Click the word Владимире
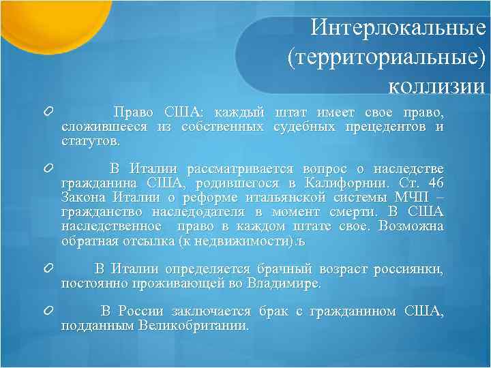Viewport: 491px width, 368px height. point(285,283)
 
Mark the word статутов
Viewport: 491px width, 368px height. point(90,141)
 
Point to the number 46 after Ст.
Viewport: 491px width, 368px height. point(436,183)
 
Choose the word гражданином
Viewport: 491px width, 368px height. point(352,311)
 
